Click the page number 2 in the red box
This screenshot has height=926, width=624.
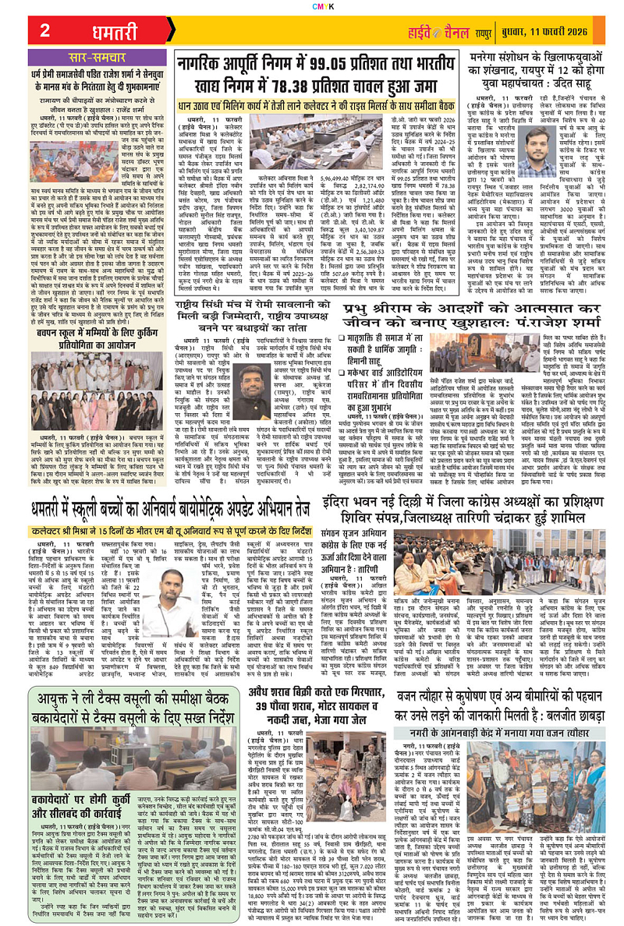44,31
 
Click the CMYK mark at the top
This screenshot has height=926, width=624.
311,5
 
